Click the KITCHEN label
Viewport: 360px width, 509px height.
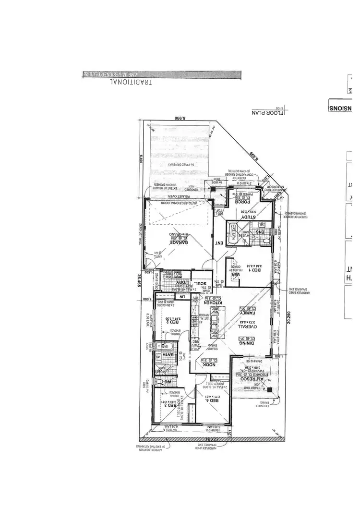(x=214, y=303)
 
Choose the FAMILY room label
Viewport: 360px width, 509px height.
(x=250, y=313)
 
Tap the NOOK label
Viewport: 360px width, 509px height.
(x=210, y=364)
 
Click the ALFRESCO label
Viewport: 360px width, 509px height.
(x=250, y=378)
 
